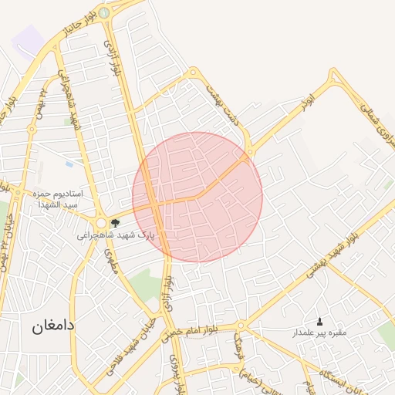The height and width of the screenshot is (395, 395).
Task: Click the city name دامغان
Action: point(54,326)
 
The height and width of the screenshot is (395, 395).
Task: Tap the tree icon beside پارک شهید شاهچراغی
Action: point(115,223)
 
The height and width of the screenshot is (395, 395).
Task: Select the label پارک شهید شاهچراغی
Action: point(115,235)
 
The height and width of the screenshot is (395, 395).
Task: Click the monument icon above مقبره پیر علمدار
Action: point(320,321)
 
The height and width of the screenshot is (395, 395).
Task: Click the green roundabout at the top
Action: point(103,12)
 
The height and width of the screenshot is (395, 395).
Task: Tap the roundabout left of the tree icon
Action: point(101,223)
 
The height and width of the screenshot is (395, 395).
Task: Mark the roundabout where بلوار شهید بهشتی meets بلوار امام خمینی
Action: point(241,326)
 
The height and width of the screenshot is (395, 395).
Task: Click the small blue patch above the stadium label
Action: point(69,164)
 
